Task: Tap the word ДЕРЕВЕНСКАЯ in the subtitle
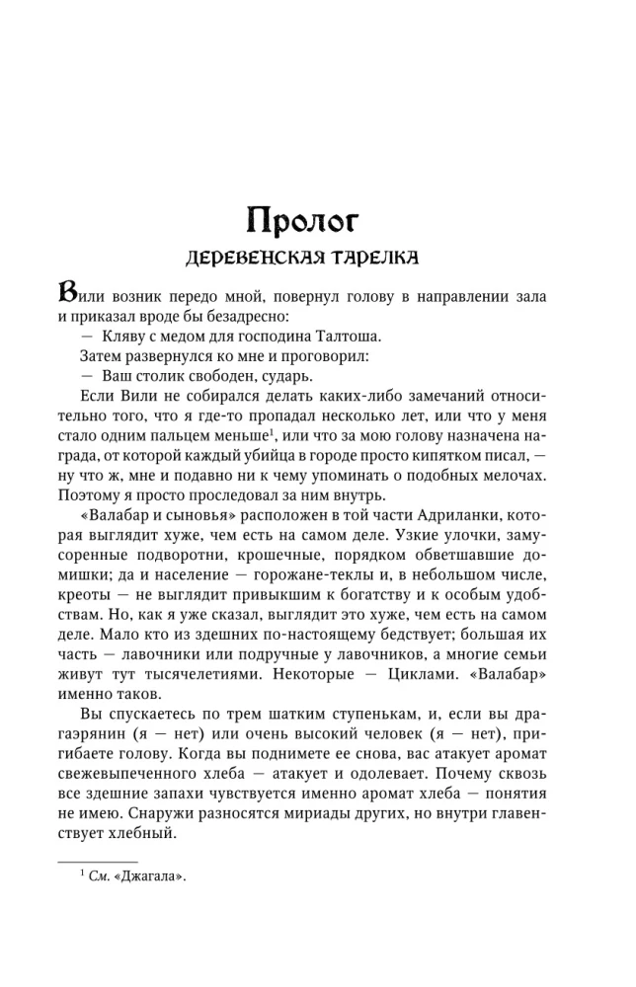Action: tap(251, 258)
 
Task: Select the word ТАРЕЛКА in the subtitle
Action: tap(371, 258)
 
